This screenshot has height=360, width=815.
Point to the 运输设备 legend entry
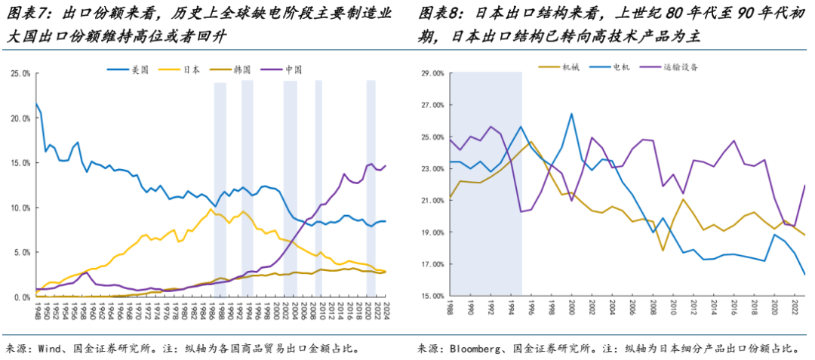(x=678, y=67)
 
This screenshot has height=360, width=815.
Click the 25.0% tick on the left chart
(x=20, y=73)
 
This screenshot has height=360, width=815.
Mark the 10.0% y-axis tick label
(x=20, y=208)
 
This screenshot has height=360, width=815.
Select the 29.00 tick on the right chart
(x=432, y=73)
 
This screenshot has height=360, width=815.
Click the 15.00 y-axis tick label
(x=432, y=296)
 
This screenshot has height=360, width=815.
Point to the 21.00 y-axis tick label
(x=432, y=201)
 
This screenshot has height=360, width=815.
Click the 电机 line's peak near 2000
(x=571, y=114)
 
